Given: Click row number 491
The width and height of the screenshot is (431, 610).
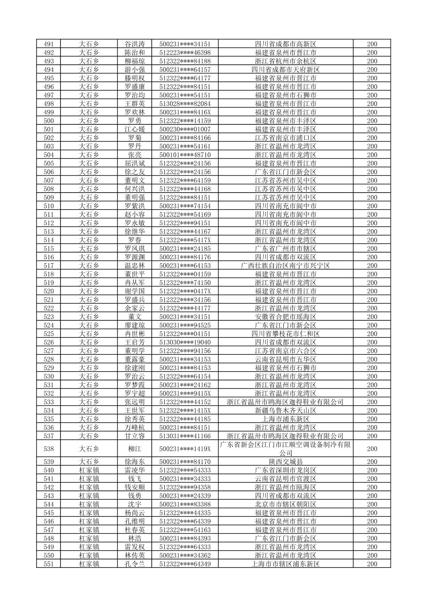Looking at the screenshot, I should [x=49, y=44].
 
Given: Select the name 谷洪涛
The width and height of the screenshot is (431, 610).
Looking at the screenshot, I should [x=134, y=44].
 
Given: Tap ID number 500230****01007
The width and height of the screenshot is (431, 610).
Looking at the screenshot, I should [x=185, y=129].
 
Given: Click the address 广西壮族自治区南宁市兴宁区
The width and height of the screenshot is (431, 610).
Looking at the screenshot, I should [x=285, y=266].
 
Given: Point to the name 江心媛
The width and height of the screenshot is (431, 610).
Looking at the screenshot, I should [x=134, y=129].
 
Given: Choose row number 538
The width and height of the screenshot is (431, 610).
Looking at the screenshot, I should [x=49, y=449].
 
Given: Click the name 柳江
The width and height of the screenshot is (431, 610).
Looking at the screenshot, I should [x=134, y=449].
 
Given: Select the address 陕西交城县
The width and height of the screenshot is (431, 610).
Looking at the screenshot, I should [x=285, y=462].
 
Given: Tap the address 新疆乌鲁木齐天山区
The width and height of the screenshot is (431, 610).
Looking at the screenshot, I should [x=285, y=411].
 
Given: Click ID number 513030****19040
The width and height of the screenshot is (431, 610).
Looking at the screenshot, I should [x=185, y=342].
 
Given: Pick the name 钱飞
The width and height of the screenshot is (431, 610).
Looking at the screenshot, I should [x=134, y=479].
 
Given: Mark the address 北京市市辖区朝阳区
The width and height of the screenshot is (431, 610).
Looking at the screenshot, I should [x=285, y=504].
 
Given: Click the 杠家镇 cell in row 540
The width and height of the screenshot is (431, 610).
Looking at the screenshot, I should [x=89, y=470].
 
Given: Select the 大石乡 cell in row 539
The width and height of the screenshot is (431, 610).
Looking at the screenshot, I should [x=89, y=462].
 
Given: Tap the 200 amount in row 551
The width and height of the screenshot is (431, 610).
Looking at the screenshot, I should [x=372, y=564].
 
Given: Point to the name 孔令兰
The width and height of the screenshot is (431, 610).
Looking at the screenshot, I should [x=134, y=564].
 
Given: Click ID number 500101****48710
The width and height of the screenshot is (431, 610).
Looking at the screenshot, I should [x=185, y=155].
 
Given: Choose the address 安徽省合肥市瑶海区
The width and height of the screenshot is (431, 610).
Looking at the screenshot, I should [x=285, y=317].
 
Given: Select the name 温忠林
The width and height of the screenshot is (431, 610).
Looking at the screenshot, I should [x=134, y=266].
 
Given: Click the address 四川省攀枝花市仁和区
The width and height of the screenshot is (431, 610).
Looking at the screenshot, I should [x=285, y=334].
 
